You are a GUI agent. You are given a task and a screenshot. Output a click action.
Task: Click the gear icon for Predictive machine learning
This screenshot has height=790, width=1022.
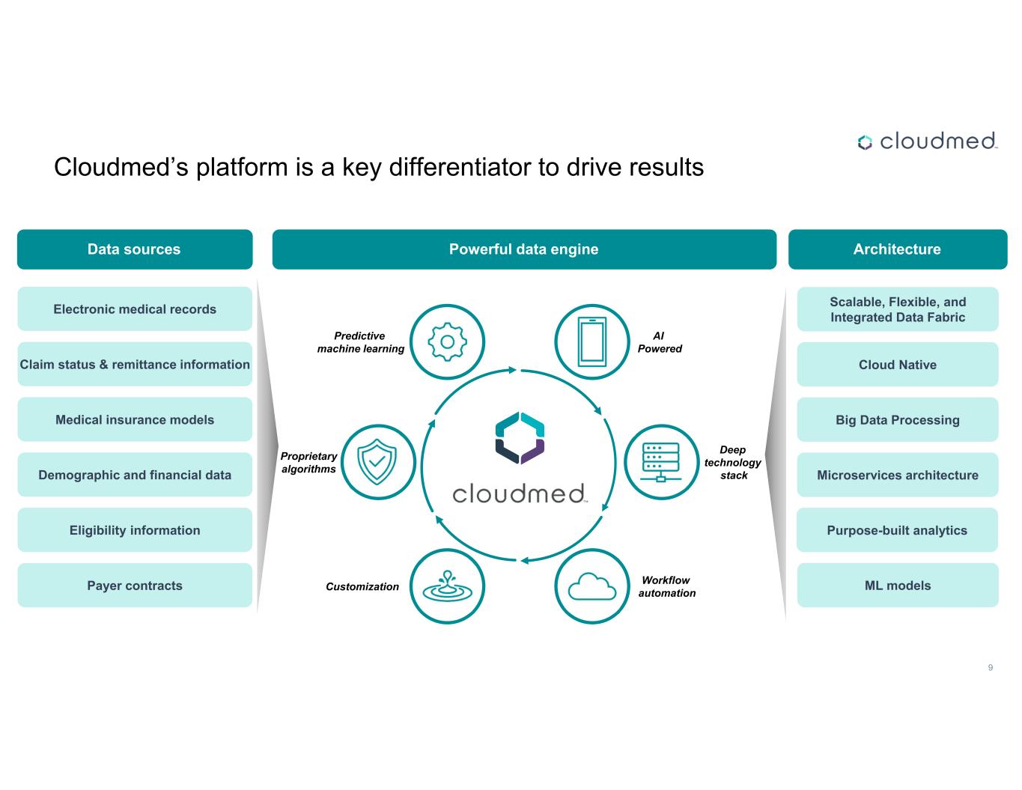click(447, 341)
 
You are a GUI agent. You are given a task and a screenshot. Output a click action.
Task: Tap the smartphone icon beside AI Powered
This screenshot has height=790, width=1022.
click(591, 341)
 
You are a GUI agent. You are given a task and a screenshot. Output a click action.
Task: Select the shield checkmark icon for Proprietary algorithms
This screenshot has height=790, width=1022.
click(377, 462)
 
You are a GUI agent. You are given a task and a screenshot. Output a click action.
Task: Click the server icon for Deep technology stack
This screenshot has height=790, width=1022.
click(660, 462)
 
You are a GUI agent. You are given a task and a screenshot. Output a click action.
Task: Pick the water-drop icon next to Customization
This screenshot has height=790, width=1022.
click(447, 586)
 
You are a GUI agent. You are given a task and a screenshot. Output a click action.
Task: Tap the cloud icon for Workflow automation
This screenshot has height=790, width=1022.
click(591, 586)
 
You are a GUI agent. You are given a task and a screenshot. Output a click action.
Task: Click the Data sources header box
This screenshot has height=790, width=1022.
click(135, 249)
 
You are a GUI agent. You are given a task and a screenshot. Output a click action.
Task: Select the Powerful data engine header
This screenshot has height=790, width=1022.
click(523, 249)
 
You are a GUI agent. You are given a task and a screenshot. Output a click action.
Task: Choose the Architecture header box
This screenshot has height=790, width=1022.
click(897, 249)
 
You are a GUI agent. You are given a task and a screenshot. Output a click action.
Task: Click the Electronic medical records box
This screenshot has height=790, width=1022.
click(135, 309)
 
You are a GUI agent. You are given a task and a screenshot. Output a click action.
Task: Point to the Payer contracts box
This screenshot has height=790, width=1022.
click(135, 586)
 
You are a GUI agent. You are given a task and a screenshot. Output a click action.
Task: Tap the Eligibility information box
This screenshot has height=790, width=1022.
click(135, 530)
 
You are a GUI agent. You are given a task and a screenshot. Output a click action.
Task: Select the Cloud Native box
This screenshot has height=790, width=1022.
click(897, 365)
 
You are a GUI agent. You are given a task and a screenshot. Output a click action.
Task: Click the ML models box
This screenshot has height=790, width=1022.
click(897, 586)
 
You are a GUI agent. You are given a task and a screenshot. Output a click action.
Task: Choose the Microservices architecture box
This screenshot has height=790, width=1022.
click(897, 475)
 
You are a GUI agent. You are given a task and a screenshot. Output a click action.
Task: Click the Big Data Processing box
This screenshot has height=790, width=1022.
click(897, 420)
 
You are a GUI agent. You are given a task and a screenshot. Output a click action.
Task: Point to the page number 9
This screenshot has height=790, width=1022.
click(991, 667)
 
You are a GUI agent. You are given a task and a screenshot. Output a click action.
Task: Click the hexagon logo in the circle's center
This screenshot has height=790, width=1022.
click(520, 438)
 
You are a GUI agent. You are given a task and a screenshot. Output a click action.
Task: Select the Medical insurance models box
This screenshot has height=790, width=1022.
click(135, 420)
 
